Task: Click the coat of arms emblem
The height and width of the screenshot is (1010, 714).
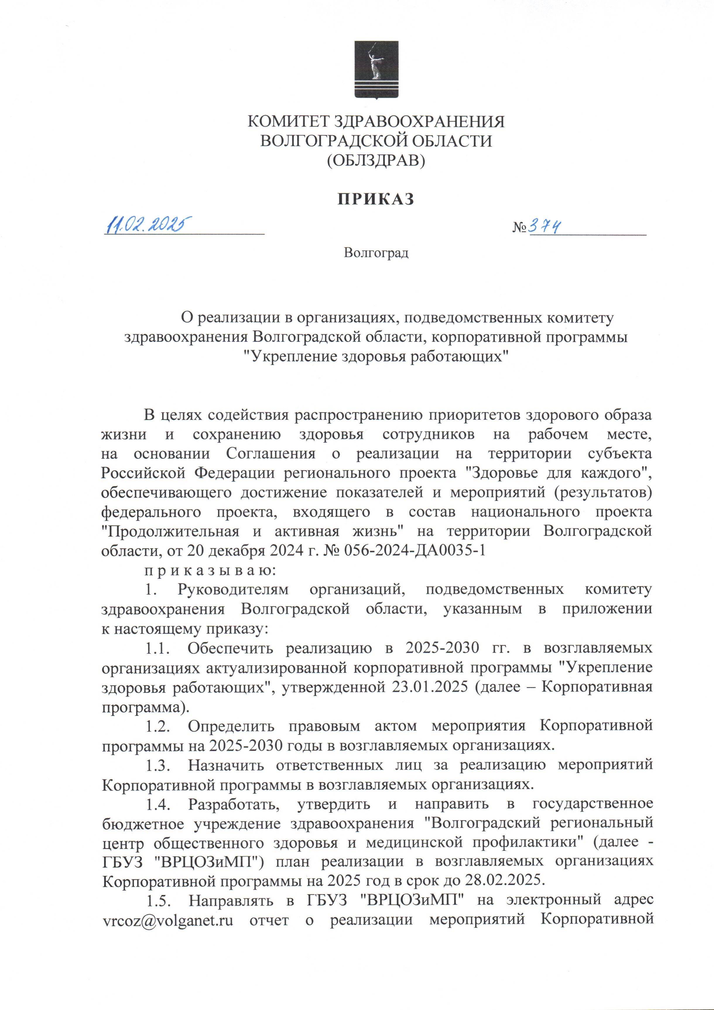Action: click(x=376, y=69)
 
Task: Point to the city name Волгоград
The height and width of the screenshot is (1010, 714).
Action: click(x=376, y=254)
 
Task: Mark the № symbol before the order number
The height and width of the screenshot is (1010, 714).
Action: click(x=520, y=228)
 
